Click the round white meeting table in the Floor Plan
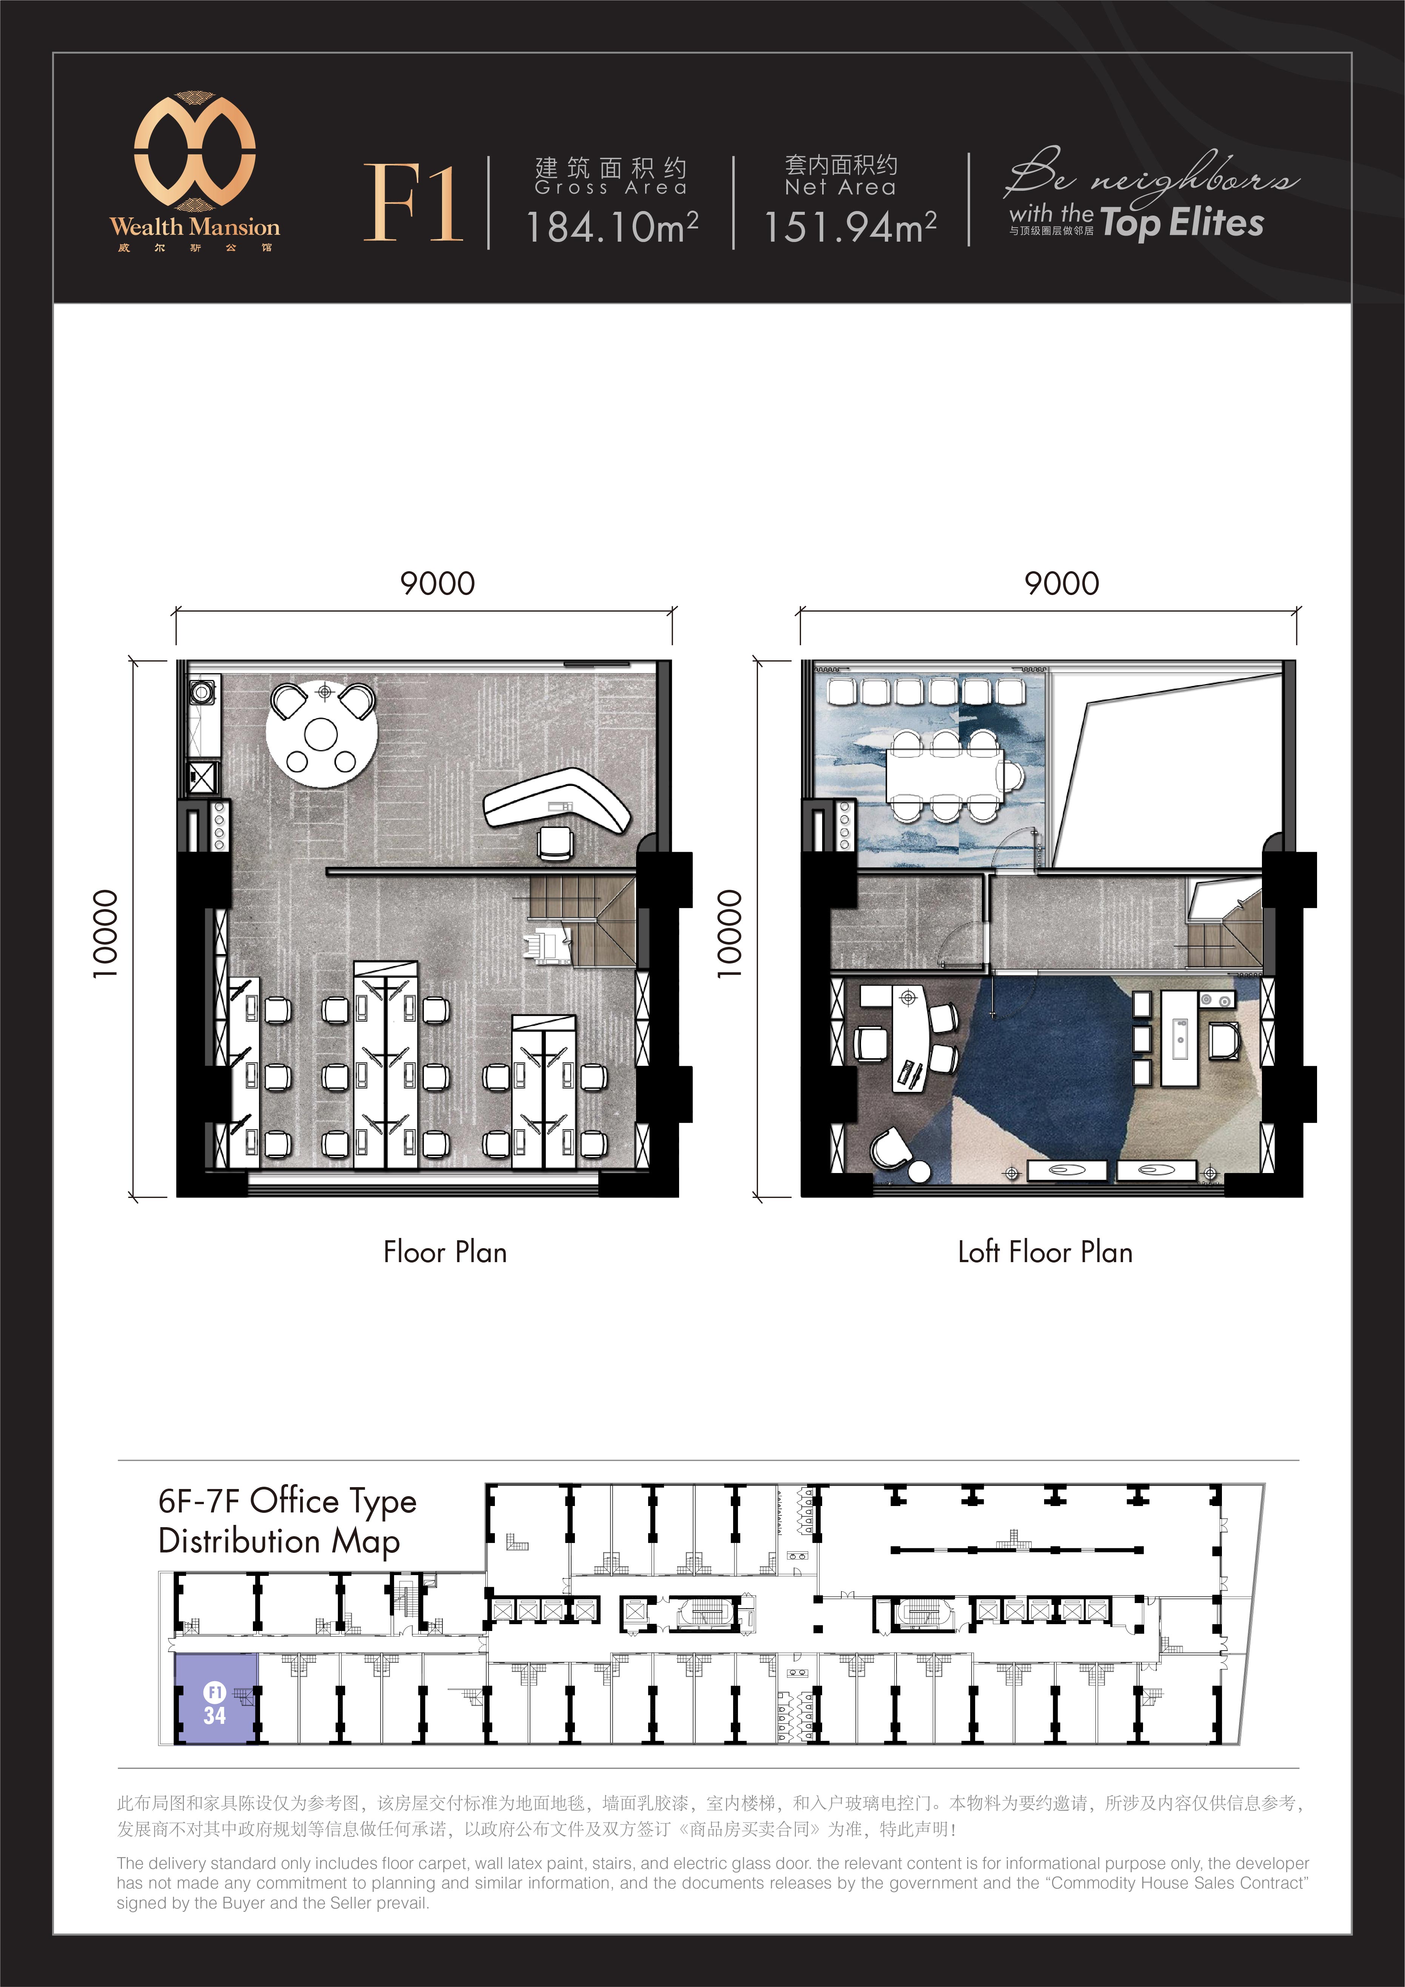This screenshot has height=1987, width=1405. pos(321,735)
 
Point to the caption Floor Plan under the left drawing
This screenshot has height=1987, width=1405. pos(445,1252)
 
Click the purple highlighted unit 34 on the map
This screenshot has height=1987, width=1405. pos(216,1698)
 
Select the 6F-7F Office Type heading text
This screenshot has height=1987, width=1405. pos(287,1501)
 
